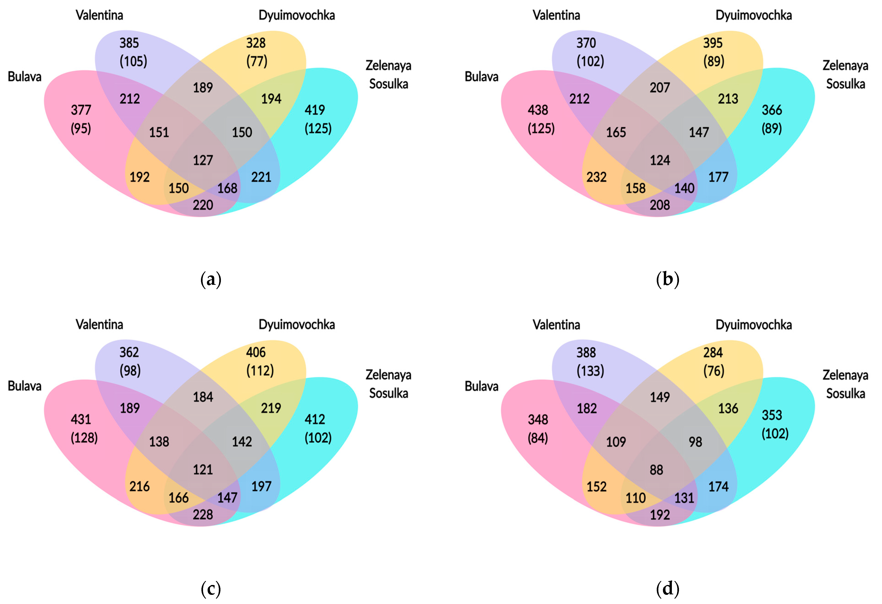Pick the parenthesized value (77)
click(x=257, y=61)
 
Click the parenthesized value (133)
click(x=590, y=371)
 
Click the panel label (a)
click(x=211, y=280)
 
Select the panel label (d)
click(x=668, y=589)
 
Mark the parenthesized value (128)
click(x=84, y=438)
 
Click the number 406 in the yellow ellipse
click(x=256, y=352)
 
